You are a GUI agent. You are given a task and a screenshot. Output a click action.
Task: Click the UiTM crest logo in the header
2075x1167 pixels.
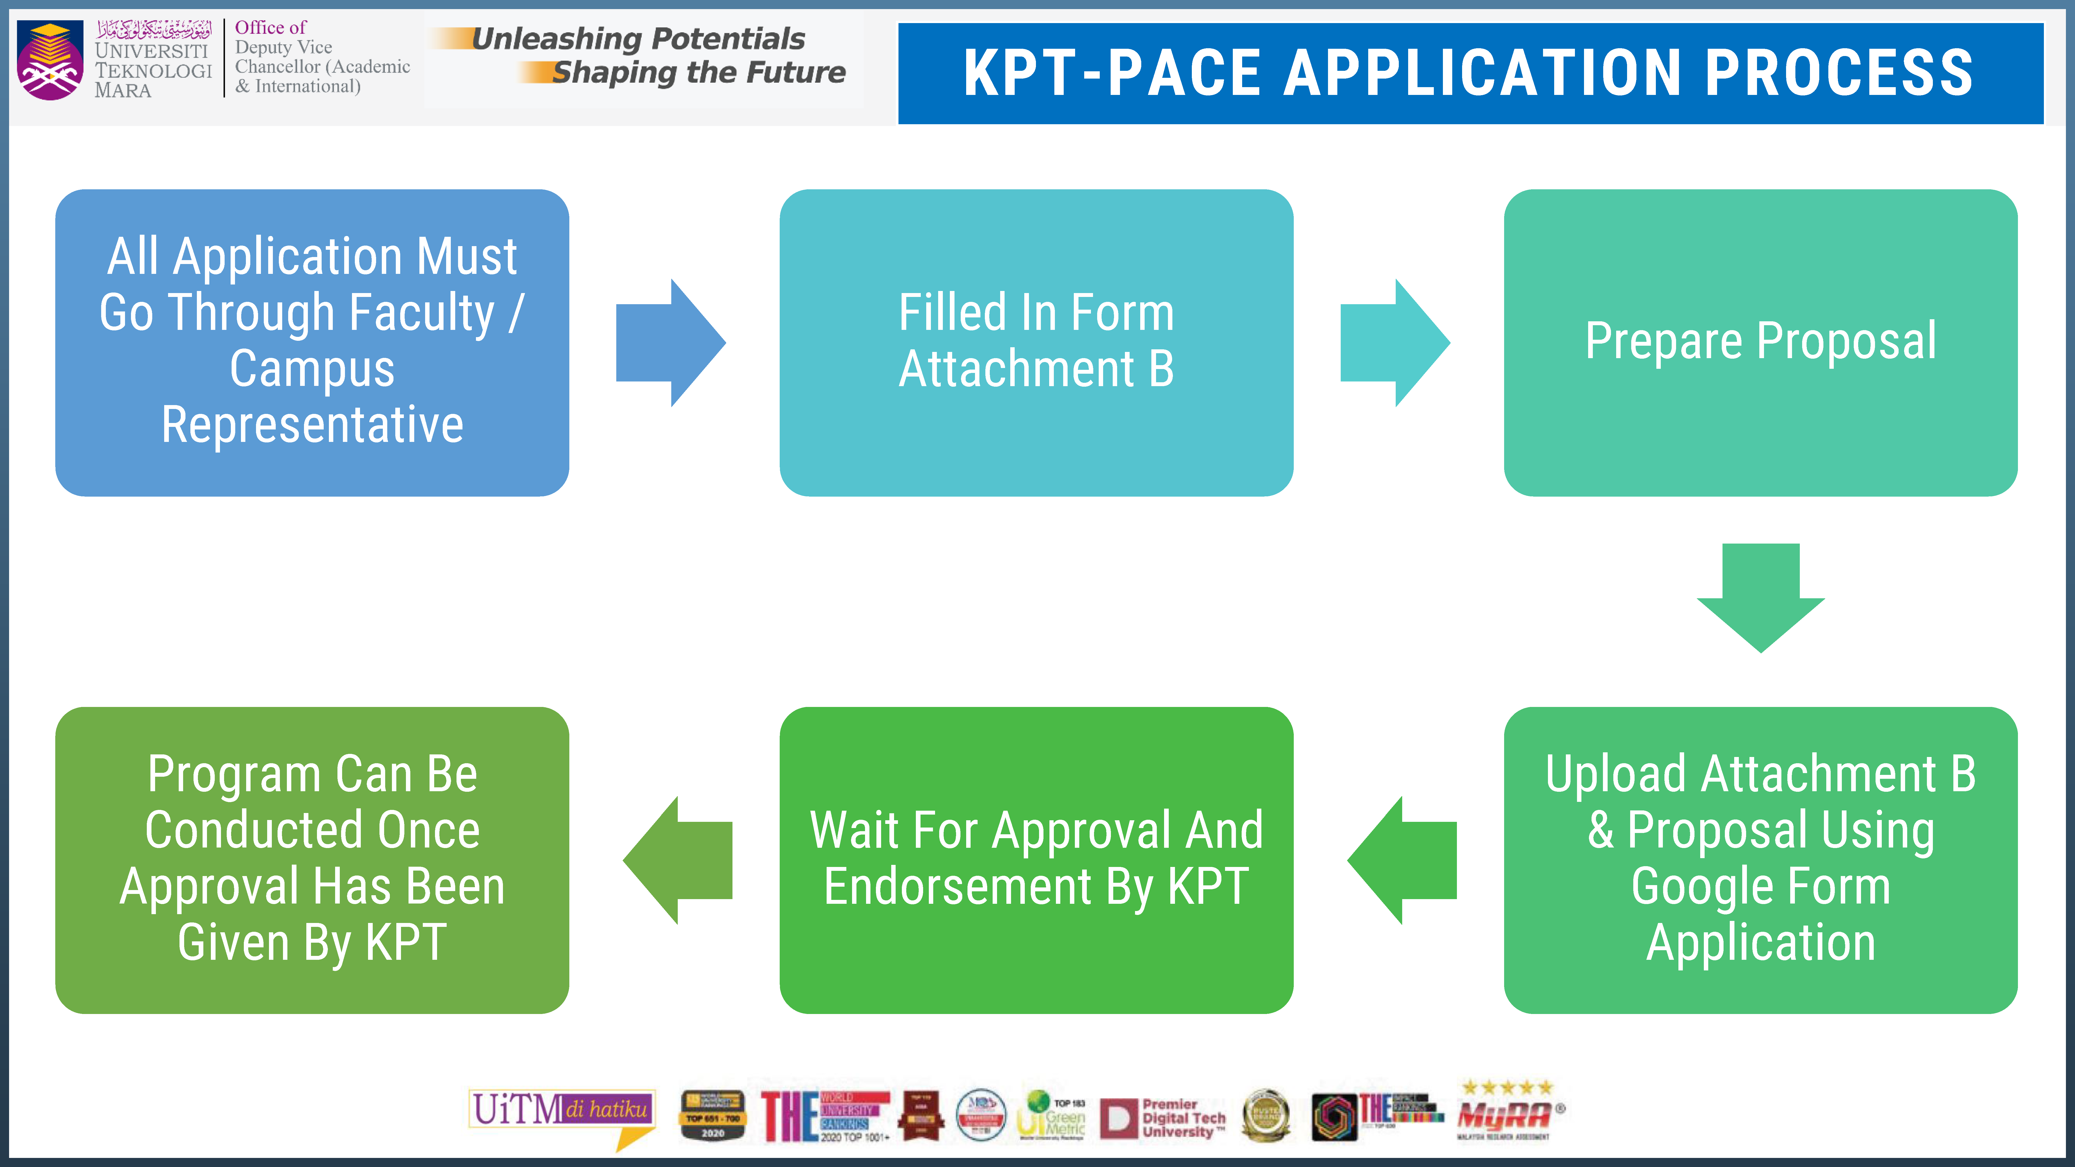50,60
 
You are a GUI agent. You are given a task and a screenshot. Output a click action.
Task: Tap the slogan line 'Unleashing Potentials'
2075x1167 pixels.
638,39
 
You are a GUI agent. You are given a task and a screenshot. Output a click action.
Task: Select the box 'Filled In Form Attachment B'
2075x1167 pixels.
1036,342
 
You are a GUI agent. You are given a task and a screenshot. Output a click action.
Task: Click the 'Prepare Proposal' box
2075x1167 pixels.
1760,342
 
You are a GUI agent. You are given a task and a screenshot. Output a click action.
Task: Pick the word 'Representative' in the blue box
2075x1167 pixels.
313,425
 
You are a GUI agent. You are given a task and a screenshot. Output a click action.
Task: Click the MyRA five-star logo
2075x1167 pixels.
1505,1112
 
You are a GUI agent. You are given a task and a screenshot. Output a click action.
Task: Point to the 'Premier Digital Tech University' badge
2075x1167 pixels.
1163,1118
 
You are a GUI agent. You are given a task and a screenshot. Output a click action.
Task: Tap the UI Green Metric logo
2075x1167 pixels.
1051,1115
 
